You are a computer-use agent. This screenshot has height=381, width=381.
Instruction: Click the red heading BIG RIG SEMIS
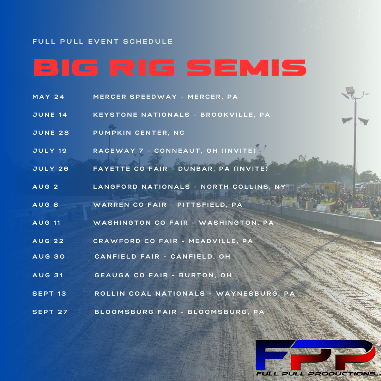[170, 67]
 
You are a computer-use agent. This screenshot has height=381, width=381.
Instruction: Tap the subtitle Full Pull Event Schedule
[103, 42]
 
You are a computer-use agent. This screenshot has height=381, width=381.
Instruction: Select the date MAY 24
[48, 97]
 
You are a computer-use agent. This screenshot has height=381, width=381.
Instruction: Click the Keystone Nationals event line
[182, 115]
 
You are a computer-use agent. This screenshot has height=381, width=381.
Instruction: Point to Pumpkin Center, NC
[139, 133]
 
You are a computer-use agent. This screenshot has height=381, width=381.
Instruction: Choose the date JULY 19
[50, 151]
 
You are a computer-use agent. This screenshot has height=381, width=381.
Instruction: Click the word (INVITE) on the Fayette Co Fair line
[251, 169]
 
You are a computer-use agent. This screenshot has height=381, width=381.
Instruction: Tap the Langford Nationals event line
[189, 187]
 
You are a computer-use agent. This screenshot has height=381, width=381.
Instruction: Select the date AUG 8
[46, 205]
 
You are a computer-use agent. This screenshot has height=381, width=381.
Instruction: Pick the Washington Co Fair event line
[183, 223]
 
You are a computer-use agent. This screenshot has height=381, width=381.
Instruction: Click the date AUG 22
[48, 241]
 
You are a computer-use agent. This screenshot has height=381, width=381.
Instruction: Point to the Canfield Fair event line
[162, 256]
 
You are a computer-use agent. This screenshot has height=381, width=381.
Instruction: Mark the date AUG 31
[48, 275]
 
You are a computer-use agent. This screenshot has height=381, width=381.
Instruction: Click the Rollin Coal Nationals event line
[195, 294]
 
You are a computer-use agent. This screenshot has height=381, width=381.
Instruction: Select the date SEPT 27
[50, 312]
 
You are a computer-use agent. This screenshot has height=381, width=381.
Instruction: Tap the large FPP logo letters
[315, 355]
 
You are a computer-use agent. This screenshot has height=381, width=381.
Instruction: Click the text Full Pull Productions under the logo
[318, 374]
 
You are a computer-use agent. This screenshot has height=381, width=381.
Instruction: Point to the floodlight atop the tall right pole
[350, 91]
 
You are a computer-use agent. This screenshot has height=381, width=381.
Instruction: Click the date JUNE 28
[51, 133]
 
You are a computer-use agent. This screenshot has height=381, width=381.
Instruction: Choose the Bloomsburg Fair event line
[179, 312]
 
